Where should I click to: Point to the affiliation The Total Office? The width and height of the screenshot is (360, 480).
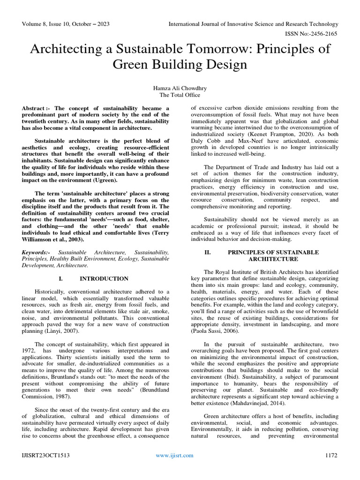pos(180,94)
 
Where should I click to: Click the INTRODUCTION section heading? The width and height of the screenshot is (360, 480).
pos(104,278)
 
